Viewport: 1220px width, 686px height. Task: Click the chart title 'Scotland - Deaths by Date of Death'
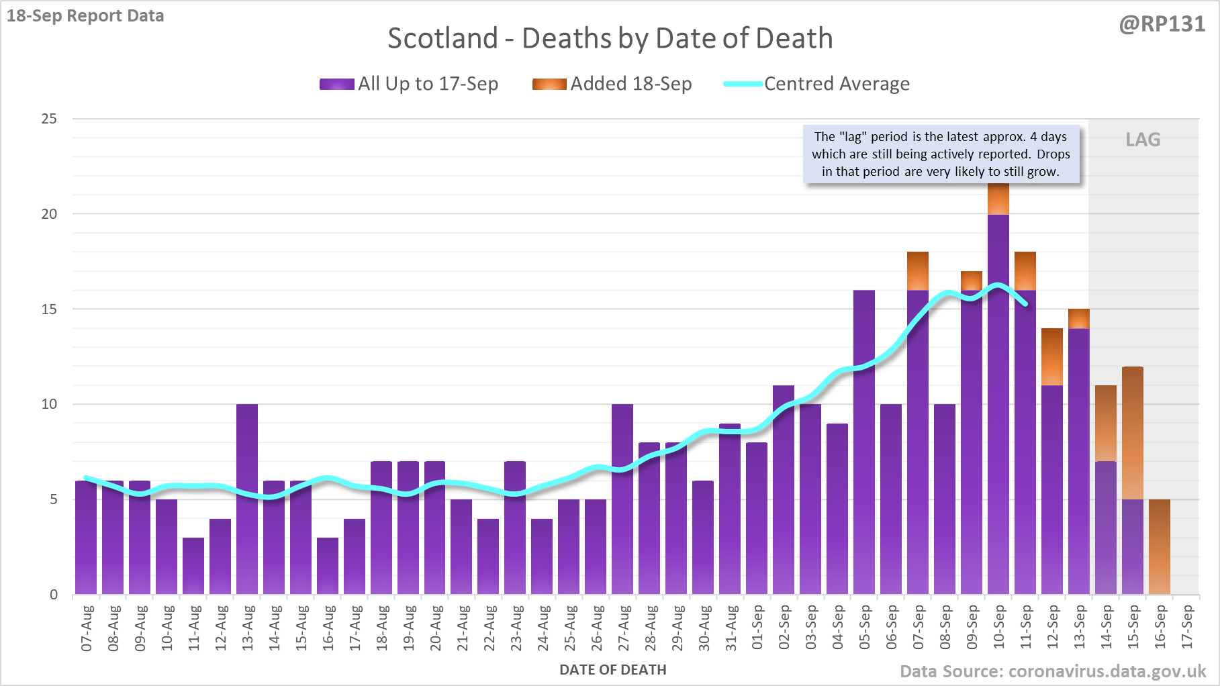(610, 38)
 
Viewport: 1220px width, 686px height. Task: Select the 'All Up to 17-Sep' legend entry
(409, 84)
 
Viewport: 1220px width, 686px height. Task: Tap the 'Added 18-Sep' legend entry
(612, 84)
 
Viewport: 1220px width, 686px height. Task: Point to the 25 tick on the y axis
(49, 119)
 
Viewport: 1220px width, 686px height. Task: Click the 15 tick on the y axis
(49, 309)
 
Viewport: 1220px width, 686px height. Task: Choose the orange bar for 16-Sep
(1160, 546)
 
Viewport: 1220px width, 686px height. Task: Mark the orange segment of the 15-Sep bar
(1133, 433)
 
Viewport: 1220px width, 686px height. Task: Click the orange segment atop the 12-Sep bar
(1052, 356)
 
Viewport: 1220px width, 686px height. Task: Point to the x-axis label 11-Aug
(194, 628)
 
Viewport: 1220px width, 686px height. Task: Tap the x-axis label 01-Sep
(757, 628)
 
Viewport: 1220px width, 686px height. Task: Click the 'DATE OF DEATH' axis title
(612, 670)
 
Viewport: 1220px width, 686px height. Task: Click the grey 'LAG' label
(1143, 140)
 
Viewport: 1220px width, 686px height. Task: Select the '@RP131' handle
(1162, 24)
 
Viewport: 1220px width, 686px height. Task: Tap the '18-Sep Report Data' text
(85, 16)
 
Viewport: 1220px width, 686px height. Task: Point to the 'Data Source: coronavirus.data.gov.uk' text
(1052, 671)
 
